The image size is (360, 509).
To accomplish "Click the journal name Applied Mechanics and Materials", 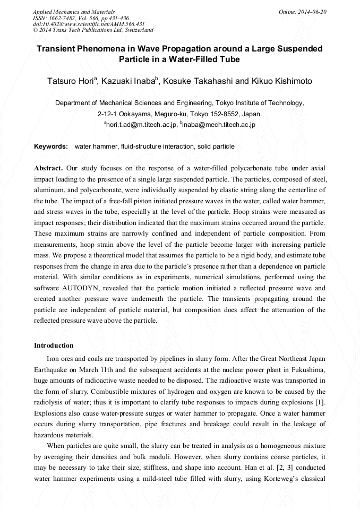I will tap(73, 12).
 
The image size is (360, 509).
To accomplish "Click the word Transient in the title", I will tap(57, 49).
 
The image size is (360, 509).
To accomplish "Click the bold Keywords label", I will tap(50, 146).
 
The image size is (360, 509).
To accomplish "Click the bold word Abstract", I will tap(48, 167).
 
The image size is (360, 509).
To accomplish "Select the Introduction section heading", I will tap(54, 346).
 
